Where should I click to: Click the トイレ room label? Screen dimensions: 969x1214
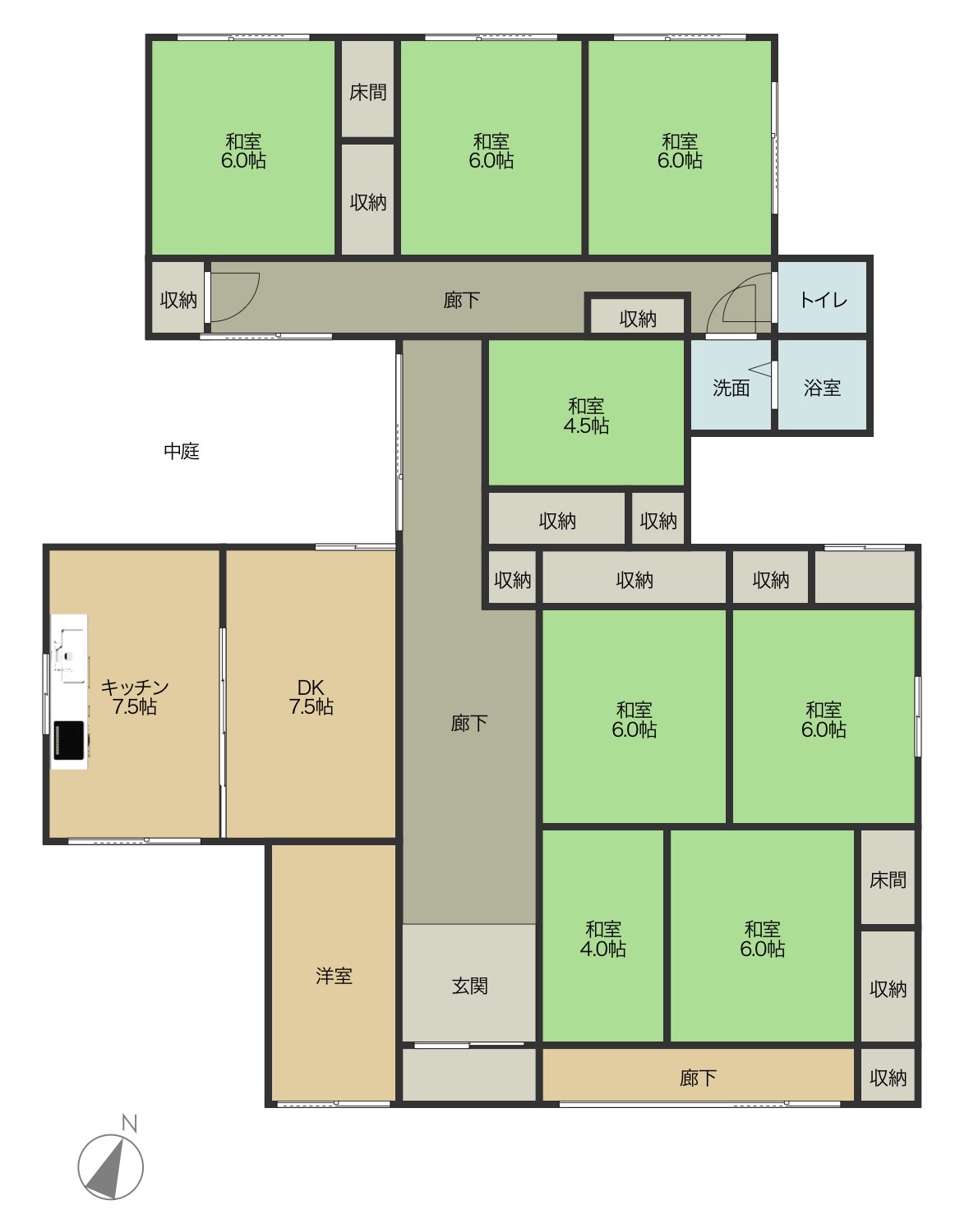tap(824, 300)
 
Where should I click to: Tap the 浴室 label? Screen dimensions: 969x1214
tap(822, 388)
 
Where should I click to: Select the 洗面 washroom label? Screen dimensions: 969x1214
tap(731, 388)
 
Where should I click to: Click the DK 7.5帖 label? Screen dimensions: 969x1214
tap(311, 697)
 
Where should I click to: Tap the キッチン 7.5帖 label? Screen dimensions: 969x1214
tap(135, 697)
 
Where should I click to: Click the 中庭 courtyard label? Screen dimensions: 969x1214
tap(182, 451)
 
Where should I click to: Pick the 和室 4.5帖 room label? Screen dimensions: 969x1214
tap(586, 416)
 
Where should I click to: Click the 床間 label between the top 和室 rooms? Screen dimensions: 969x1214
tap(367, 92)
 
